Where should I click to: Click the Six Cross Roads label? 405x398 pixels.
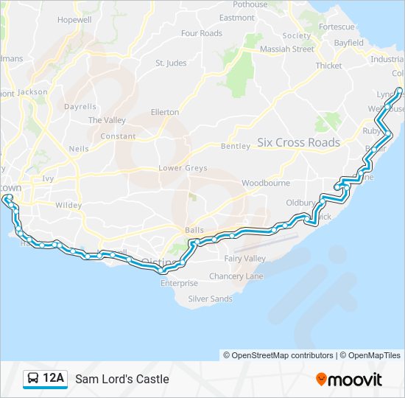(x=298, y=142)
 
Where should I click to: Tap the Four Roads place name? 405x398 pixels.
(x=201, y=33)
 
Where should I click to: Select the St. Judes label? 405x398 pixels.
(x=171, y=63)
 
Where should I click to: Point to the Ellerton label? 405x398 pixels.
(x=164, y=112)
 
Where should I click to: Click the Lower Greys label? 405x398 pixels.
(x=183, y=168)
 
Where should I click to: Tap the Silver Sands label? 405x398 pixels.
(x=210, y=298)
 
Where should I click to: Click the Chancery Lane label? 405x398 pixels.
(x=236, y=276)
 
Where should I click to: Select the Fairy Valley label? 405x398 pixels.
(x=245, y=259)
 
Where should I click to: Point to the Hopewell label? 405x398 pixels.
(x=74, y=19)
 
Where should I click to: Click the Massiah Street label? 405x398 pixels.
(x=286, y=49)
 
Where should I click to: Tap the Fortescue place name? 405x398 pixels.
(x=337, y=27)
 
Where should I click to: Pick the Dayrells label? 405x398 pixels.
(x=80, y=106)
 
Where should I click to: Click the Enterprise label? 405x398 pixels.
(x=179, y=283)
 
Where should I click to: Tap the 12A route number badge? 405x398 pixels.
(x=54, y=378)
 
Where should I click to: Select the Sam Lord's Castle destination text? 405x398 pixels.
(x=121, y=379)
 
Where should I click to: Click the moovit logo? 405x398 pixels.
(x=349, y=379)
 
